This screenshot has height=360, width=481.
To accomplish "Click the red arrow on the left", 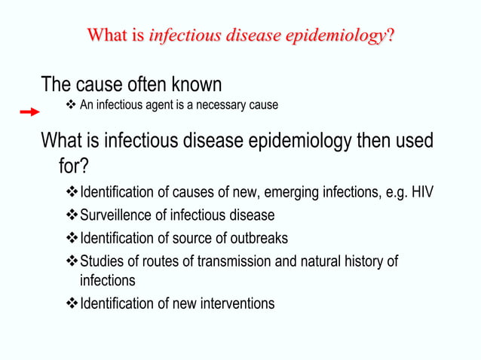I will point(30,112).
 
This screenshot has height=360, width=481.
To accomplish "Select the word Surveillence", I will point(116,215).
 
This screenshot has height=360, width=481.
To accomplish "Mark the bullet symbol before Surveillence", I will point(72,215).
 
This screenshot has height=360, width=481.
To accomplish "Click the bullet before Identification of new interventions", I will point(72,304).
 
